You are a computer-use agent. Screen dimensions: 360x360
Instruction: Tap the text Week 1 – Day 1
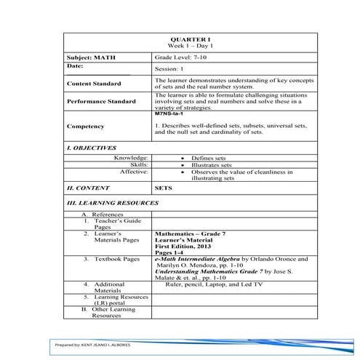[x=179, y=45]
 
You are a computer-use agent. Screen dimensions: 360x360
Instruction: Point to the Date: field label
[x=75, y=65]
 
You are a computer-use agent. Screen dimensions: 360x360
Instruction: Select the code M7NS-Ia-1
[x=168, y=114]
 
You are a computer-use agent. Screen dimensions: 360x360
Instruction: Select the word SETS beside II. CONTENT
[x=163, y=188]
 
